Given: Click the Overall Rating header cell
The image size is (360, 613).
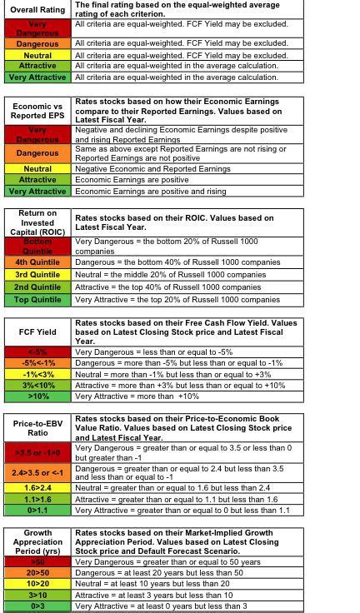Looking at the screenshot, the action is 37,10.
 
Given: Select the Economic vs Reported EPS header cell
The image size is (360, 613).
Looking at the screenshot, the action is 37,111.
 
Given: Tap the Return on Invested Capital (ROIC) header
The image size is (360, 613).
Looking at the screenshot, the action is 37,222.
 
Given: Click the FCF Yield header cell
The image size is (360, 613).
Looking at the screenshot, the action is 37,331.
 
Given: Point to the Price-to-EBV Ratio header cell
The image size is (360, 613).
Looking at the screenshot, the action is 37,428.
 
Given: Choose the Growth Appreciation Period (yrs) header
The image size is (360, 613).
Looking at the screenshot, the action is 37,541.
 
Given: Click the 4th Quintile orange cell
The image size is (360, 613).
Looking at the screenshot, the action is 37,262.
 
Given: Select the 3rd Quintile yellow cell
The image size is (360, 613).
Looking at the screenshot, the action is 37,274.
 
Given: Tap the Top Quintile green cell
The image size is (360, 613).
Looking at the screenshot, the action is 37,299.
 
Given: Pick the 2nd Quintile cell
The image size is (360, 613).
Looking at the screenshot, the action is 37,287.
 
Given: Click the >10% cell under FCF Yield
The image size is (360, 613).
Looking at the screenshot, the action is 37,396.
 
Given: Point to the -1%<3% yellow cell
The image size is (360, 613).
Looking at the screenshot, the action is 37,374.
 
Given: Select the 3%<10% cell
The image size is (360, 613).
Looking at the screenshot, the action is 37,386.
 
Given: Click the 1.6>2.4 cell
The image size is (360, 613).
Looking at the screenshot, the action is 37,488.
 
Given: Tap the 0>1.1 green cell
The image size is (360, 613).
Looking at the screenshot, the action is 37,510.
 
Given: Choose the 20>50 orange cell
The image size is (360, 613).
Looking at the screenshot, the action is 37,573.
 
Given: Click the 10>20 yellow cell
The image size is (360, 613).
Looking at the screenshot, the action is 37,584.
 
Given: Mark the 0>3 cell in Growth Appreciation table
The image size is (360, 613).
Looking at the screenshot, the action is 37,606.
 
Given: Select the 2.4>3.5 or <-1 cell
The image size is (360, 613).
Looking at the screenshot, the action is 37,472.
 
